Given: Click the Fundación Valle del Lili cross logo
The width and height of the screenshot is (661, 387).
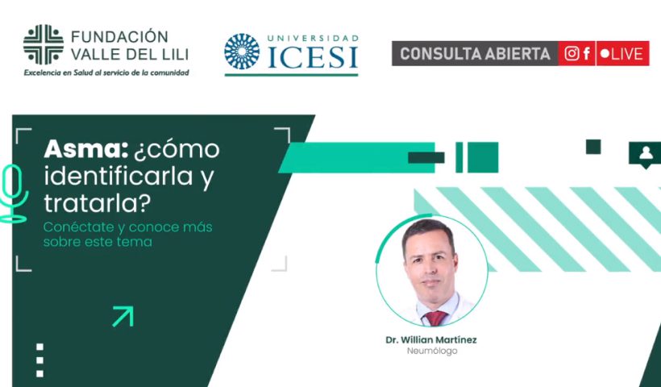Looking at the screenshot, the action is pyautogui.click(x=44, y=44).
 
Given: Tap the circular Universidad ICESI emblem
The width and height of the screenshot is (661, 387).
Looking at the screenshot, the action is pyautogui.click(x=242, y=52).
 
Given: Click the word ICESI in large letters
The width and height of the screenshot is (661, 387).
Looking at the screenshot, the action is pyautogui.click(x=313, y=57).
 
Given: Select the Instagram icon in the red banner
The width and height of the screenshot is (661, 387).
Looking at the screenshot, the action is pyautogui.click(x=572, y=53).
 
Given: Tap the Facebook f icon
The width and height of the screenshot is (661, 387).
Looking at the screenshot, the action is pyautogui.click(x=586, y=53).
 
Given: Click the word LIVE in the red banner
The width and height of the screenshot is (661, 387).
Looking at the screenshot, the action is pyautogui.click(x=627, y=54).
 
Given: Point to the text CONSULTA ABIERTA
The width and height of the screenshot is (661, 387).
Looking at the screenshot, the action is pyautogui.click(x=475, y=54).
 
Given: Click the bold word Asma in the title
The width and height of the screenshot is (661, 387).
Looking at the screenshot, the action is pyautogui.click(x=86, y=149).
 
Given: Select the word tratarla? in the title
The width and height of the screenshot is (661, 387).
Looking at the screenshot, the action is pyautogui.click(x=97, y=203).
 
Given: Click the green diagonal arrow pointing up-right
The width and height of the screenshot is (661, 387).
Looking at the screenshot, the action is pyautogui.click(x=123, y=316).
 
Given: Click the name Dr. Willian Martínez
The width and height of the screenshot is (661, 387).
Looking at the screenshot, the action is pyautogui.click(x=431, y=339).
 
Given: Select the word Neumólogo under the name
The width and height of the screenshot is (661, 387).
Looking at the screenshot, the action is pyautogui.click(x=432, y=351).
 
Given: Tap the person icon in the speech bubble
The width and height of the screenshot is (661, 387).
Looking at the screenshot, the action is pyautogui.click(x=646, y=152).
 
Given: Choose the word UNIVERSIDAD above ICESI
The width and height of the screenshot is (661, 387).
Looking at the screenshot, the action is pyautogui.click(x=313, y=39).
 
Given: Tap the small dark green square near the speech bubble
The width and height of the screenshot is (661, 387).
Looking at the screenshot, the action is pyautogui.click(x=593, y=147).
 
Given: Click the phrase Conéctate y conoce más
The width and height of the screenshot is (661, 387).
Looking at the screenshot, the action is pyautogui.click(x=127, y=227).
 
